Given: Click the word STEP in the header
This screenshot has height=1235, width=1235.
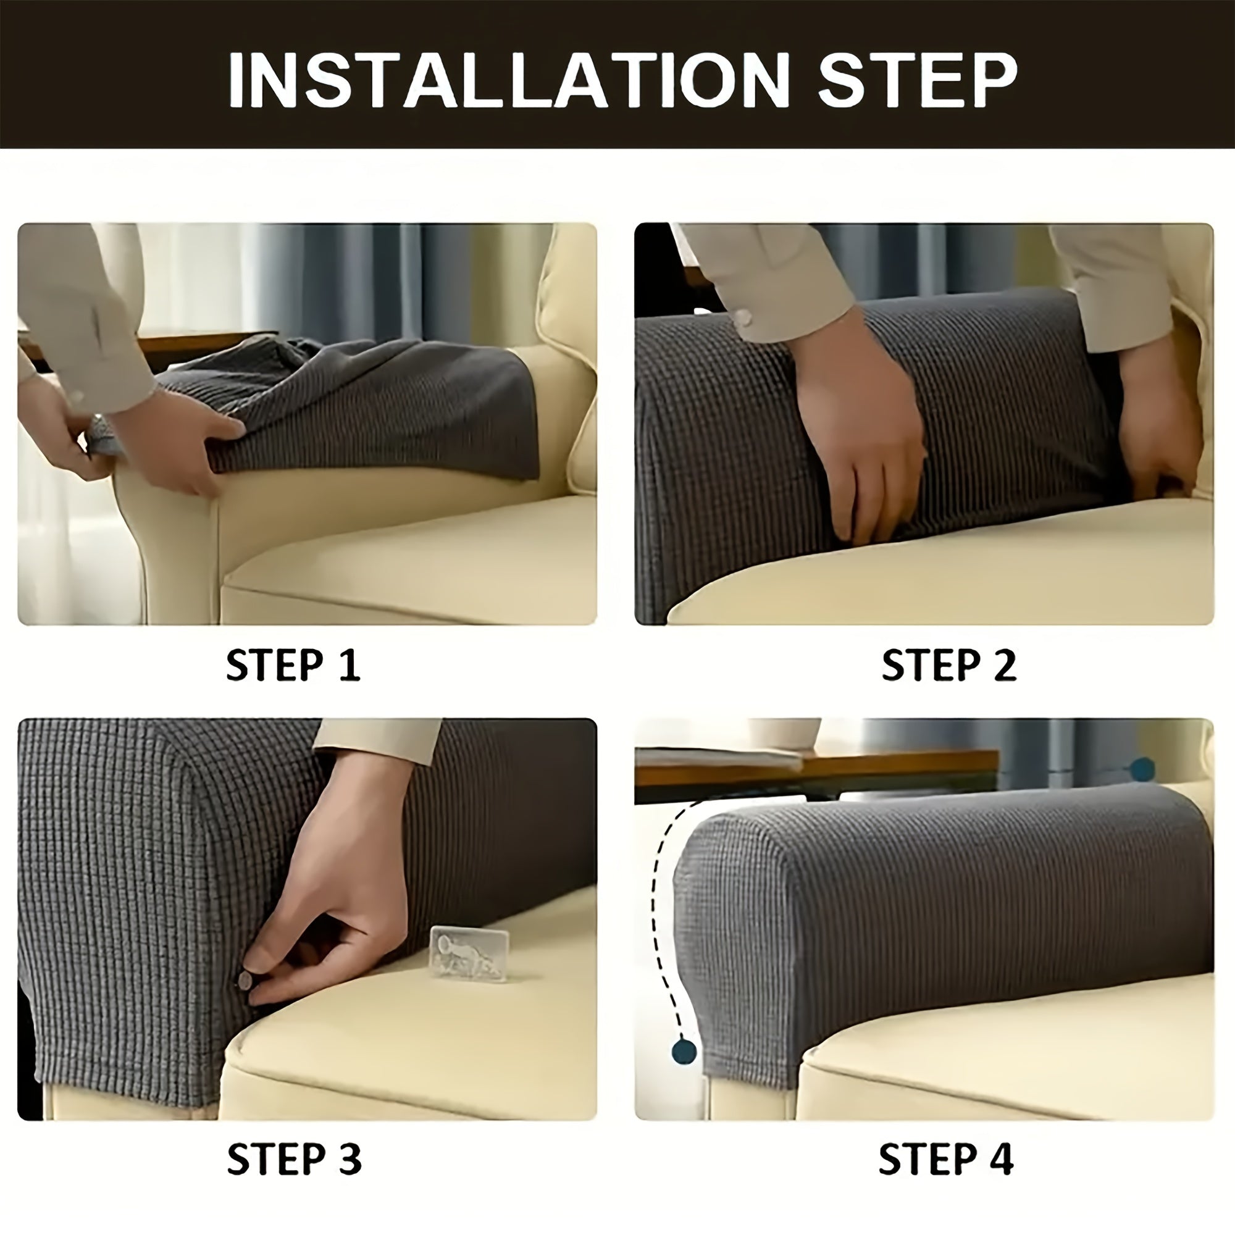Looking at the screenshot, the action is click(918, 80).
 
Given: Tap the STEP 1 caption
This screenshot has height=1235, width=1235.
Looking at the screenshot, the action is click(293, 665).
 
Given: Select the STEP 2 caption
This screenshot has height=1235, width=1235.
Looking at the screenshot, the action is click(948, 665).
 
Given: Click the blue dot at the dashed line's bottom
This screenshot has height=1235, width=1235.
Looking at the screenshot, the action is click(684, 1052).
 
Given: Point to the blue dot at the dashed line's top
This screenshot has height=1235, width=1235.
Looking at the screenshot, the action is click(1142, 769).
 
